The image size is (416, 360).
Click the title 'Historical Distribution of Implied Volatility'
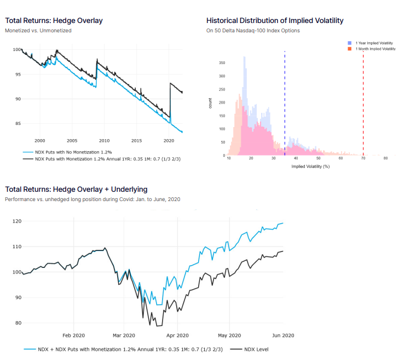pos(275,20)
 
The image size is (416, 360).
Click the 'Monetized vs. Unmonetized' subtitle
pos(38,31)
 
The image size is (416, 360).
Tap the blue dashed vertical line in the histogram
pos(285,99)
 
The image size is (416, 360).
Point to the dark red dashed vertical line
pos(363,99)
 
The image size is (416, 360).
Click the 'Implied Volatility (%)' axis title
pos(310,166)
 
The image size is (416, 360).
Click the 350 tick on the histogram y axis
pos(222,63)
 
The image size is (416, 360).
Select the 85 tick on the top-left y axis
pos(18,123)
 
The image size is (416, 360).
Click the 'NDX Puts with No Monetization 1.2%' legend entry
pos(71,152)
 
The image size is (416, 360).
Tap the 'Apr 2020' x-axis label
pos(177,335)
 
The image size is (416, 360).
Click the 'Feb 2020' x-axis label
pos(73,335)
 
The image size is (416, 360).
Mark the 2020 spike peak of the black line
pos(171,83)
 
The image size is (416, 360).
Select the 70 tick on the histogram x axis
pos(363,158)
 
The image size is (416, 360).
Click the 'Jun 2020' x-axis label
pos(284,335)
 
